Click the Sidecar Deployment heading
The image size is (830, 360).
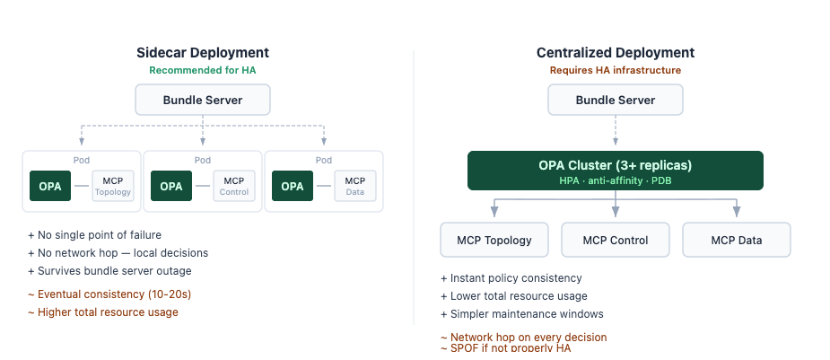click(x=202, y=53)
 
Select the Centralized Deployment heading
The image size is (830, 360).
click(x=615, y=53)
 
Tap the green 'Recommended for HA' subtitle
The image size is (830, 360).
click(x=202, y=70)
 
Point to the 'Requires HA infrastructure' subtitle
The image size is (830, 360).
click(x=615, y=70)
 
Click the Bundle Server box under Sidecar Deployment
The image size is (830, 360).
click(x=202, y=100)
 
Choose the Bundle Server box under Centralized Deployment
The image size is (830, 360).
click(x=615, y=100)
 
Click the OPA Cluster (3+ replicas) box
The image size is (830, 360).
click(x=615, y=170)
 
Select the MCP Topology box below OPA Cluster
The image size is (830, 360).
click(x=494, y=240)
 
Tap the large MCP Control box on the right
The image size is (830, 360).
click(x=615, y=240)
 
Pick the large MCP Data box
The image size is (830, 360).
click(x=736, y=240)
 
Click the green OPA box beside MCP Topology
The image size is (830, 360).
click(x=50, y=187)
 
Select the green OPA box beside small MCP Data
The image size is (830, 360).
click(x=293, y=187)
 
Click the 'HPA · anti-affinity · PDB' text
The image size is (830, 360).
click(x=615, y=180)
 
